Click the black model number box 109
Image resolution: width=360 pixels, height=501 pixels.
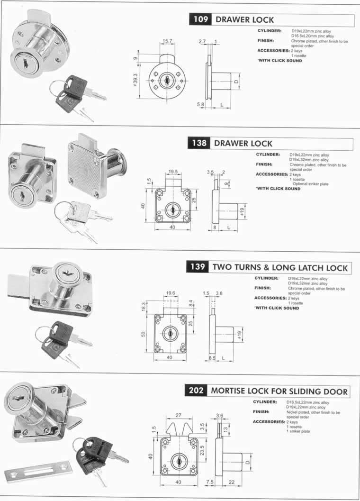click(200, 19)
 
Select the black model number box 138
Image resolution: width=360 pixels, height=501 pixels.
click(199, 143)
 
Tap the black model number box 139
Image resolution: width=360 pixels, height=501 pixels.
click(198, 267)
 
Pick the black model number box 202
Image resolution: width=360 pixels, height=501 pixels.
click(196, 391)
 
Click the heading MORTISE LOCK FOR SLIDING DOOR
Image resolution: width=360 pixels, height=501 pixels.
click(279, 392)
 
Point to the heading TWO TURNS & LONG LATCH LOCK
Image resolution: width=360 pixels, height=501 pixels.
click(280, 267)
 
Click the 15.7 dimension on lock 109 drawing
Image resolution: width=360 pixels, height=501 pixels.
click(167, 41)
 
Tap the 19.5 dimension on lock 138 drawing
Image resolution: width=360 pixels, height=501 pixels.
click(173, 172)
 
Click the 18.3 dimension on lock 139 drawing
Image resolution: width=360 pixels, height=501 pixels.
click(144, 306)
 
